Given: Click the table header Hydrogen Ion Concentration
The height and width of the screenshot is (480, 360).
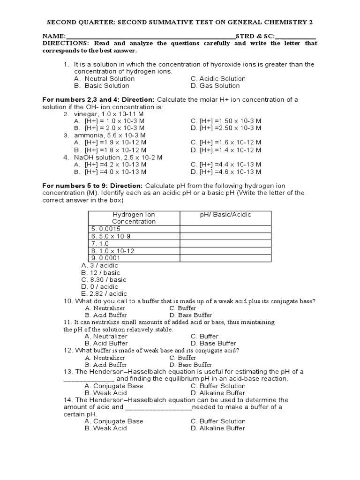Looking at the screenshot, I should point(134,218).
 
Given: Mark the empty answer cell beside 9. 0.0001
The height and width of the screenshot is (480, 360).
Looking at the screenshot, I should point(225,258).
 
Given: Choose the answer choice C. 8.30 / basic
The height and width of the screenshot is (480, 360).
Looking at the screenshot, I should point(103,280).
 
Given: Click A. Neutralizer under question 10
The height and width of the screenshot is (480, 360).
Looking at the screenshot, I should point(105,308).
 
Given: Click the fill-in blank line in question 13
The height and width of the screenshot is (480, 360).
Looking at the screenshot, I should point(89,379).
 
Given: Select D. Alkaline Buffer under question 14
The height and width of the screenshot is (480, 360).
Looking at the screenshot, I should point(217,428).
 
